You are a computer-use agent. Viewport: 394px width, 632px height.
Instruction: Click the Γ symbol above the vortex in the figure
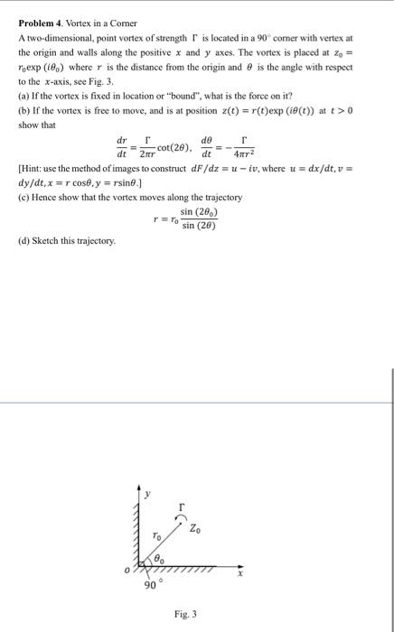pyautogui.click(x=182, y=507)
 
